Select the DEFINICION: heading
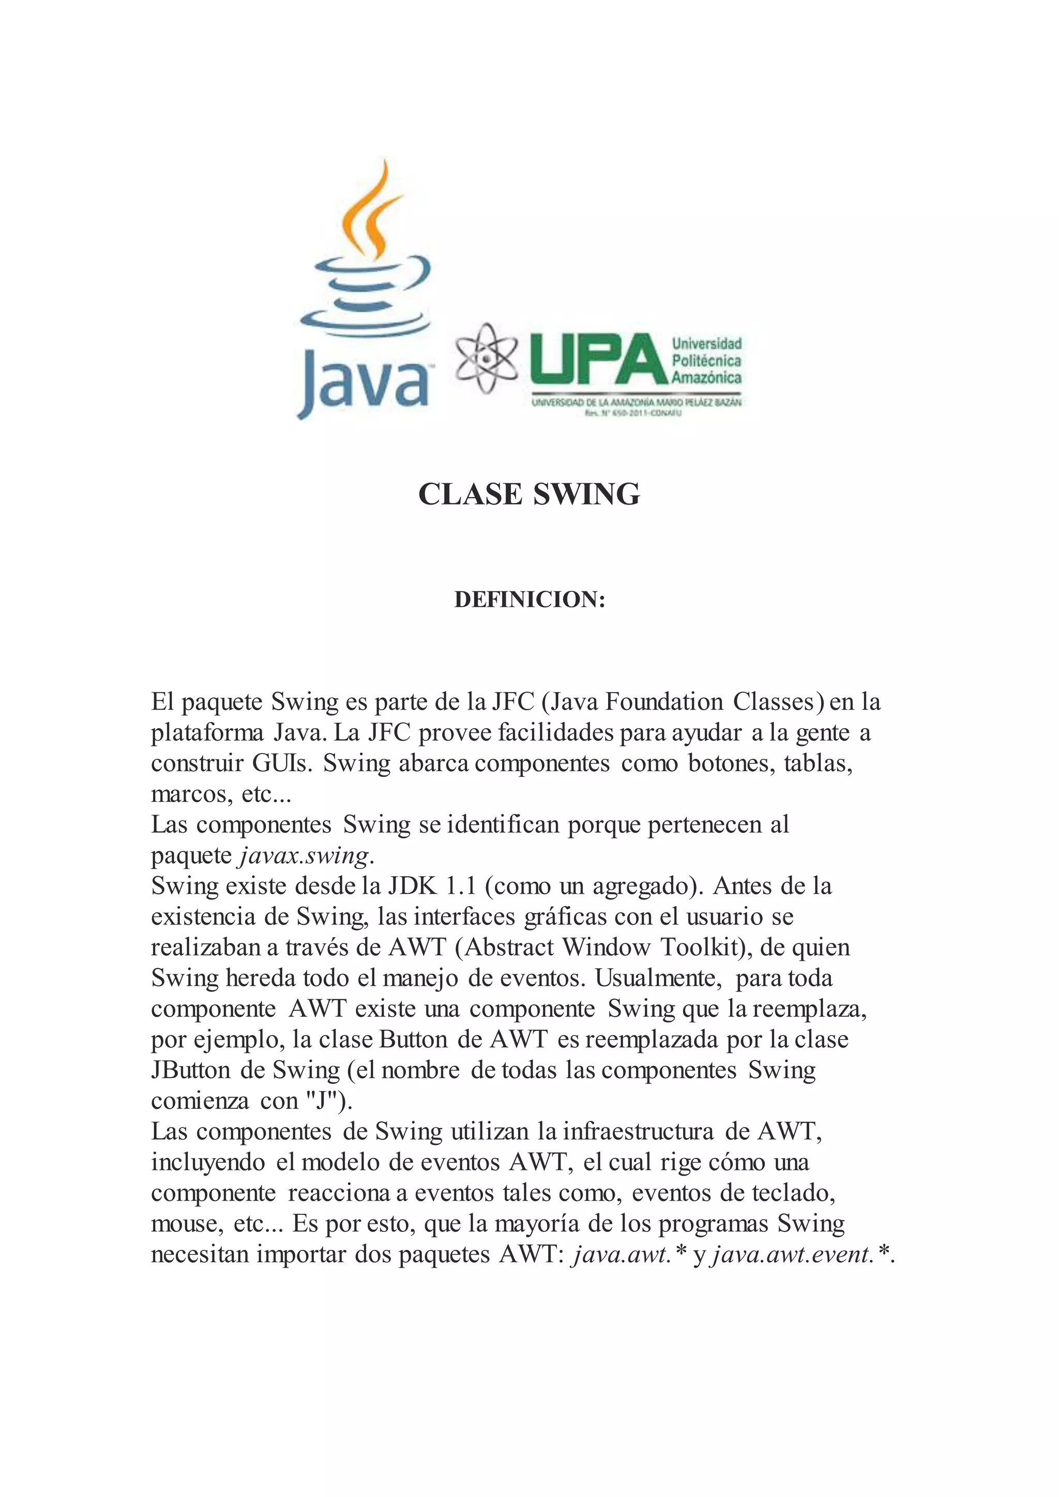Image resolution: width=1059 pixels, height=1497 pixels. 529,600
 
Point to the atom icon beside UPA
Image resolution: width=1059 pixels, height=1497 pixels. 486,358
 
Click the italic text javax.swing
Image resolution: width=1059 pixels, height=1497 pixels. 305,856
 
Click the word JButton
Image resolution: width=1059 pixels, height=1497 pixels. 190,1071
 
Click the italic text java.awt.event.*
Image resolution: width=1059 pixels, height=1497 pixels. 802,1255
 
